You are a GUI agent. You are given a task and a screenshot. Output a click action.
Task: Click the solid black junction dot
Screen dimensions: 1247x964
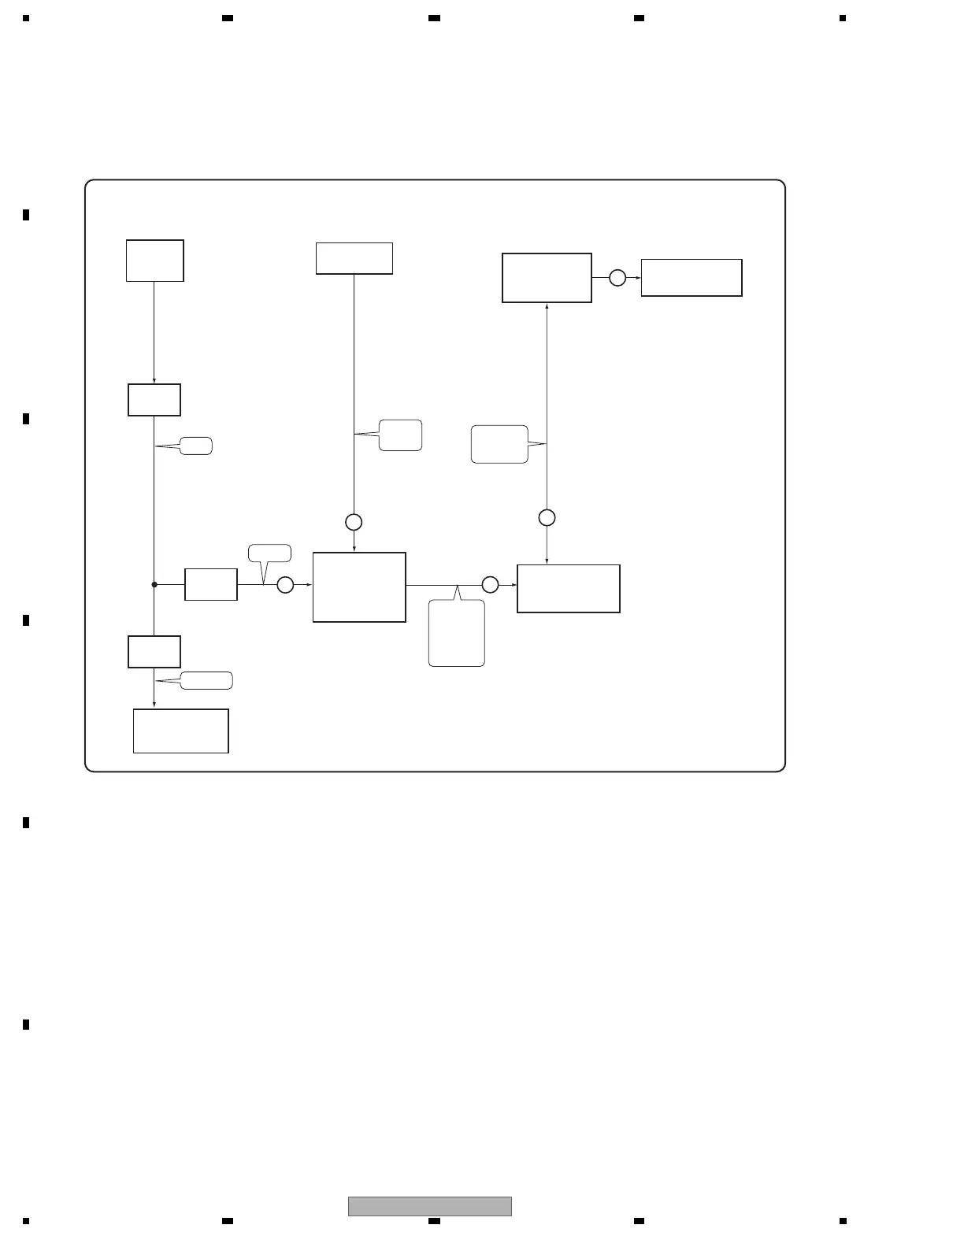coord(154,584)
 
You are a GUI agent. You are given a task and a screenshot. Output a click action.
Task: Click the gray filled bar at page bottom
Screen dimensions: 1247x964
coord(430,1206)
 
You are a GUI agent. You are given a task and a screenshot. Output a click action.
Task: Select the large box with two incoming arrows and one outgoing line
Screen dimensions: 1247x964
coord(359,587)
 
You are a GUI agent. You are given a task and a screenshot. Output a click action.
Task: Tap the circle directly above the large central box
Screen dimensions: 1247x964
coord(354,522)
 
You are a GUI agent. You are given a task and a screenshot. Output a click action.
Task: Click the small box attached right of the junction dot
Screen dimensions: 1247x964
coord(211,584)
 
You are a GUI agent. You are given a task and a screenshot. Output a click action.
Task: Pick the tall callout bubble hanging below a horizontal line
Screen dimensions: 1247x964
coord(457,633)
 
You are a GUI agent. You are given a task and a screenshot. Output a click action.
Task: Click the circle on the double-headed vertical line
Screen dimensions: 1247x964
coord(547,517)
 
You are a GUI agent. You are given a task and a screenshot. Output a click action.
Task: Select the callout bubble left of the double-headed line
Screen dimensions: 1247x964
coord(499,444)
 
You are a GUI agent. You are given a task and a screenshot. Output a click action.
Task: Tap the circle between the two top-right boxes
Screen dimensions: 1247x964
coord(617,278)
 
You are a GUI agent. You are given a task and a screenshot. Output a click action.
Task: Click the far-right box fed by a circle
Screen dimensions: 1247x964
coord(691,278)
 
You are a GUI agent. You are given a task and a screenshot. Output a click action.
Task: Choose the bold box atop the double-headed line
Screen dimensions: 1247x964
coord(547,278)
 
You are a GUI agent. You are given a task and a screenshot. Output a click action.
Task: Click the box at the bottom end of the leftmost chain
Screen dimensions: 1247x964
coord(181,731)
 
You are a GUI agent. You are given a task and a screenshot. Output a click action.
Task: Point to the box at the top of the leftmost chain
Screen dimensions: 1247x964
coord(155,261)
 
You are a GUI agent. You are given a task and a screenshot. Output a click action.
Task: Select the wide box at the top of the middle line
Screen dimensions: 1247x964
coord(354,258)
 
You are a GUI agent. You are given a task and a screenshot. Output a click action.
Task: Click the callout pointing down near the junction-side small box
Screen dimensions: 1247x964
coord(269,553)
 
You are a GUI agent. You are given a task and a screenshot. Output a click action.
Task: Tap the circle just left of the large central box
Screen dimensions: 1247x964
coord(285,584)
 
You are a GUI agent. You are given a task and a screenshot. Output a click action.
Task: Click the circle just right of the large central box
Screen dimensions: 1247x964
coord(490,584)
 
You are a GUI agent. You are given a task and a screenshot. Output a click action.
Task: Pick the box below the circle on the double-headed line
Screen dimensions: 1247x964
coord(569,588)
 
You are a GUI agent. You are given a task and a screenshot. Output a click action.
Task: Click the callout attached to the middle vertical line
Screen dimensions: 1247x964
coord(400,435)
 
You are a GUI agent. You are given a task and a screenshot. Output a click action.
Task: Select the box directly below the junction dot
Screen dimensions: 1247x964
coord(154,652)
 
